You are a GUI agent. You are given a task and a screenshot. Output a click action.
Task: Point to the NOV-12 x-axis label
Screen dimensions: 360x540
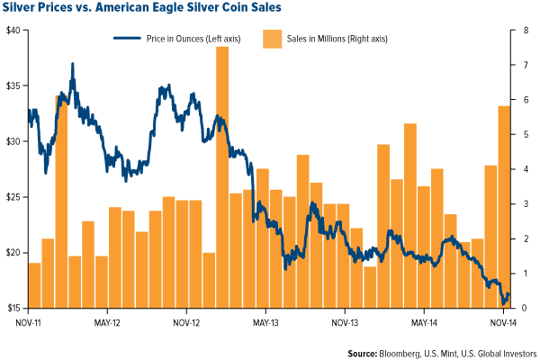click(185, 321)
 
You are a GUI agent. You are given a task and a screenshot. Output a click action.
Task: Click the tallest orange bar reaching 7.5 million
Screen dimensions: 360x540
click(221, 180)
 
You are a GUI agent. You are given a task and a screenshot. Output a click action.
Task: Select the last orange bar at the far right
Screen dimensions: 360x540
click(505, 207)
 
